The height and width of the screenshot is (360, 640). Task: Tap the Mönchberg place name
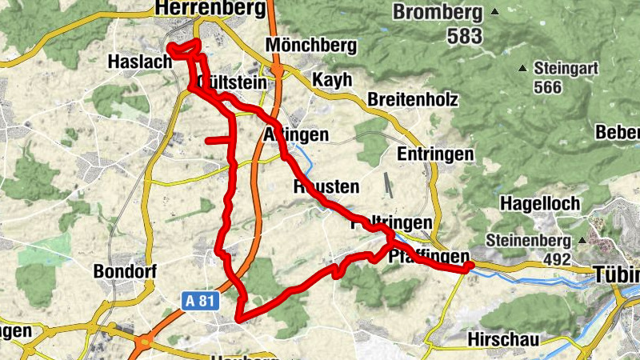tap(312, 46)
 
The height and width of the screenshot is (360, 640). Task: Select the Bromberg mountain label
tap(438, 13)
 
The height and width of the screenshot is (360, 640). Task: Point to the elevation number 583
tap(442, 36)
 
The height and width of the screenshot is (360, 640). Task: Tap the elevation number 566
tap(548, 88)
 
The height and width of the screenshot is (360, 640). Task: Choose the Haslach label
tap(141, 61)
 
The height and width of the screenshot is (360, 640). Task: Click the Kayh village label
tap(331, 81)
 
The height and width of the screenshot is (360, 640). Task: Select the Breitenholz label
tap(413, 100)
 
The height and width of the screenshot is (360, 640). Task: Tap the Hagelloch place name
tap(540, 204)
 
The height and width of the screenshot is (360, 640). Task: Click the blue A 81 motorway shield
tap(200, 301)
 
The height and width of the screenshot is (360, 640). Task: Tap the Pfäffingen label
tap(428, 257)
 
